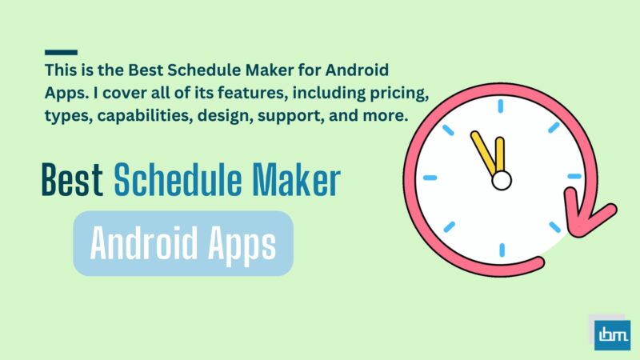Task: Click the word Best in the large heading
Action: point(73,182)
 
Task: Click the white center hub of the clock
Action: point(501,181)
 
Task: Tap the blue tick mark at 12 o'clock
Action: point(502,107)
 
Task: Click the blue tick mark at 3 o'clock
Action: point(574,176)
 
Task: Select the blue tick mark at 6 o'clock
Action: point(502,247)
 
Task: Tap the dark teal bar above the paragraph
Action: point(62,52)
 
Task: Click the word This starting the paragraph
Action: point(62,71)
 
